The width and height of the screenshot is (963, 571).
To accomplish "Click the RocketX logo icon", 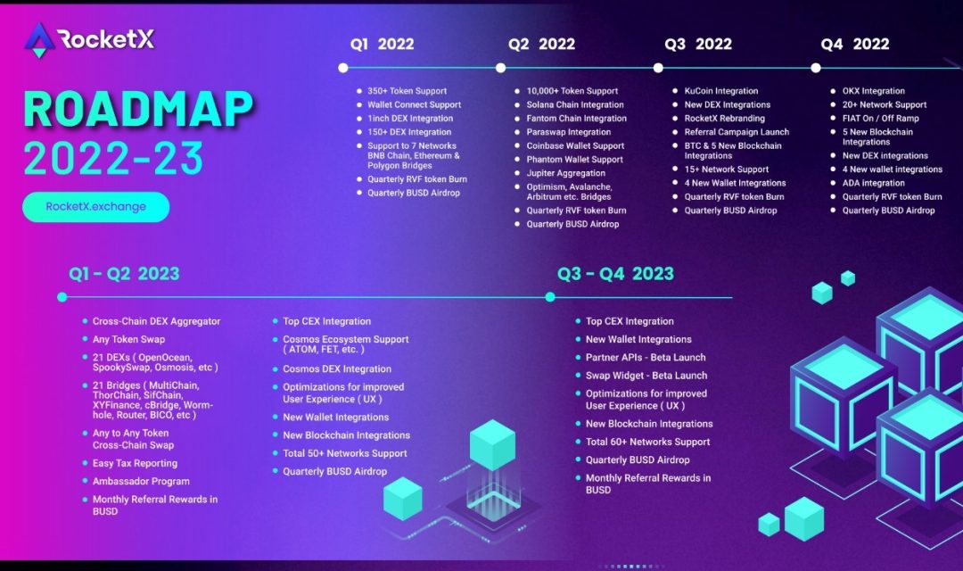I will point(39,39).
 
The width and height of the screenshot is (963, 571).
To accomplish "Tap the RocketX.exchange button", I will point(95,207).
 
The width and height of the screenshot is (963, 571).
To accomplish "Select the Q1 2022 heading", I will point(383,45).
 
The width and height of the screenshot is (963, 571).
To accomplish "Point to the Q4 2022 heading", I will point(855,45).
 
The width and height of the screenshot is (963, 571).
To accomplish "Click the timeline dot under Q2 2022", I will point(500,68).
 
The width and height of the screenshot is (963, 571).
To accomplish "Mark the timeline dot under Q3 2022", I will point(658,68).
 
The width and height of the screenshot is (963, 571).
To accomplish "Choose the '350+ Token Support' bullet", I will point(407,91).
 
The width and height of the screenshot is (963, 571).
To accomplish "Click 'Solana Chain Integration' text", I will point(575,104).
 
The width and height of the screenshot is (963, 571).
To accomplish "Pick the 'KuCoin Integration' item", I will point(721,91).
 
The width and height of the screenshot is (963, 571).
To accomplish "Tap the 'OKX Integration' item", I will point(873,91).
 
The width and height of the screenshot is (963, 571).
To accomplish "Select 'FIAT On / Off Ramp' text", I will point(880,119).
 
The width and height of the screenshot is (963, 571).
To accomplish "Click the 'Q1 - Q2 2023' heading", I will point(125,274).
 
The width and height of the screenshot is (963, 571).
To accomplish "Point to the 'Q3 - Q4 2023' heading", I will point(615,274).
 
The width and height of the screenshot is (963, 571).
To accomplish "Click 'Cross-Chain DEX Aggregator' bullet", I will point(156,321).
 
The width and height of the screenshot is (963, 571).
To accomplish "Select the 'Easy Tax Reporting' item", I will point(135,464).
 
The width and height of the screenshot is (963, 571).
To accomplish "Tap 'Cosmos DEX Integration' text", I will point(337,369).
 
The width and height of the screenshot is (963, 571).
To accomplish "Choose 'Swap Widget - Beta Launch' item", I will point(646,376).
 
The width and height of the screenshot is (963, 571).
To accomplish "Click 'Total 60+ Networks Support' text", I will point(647,442).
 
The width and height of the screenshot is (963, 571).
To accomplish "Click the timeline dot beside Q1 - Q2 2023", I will point(62,297).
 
